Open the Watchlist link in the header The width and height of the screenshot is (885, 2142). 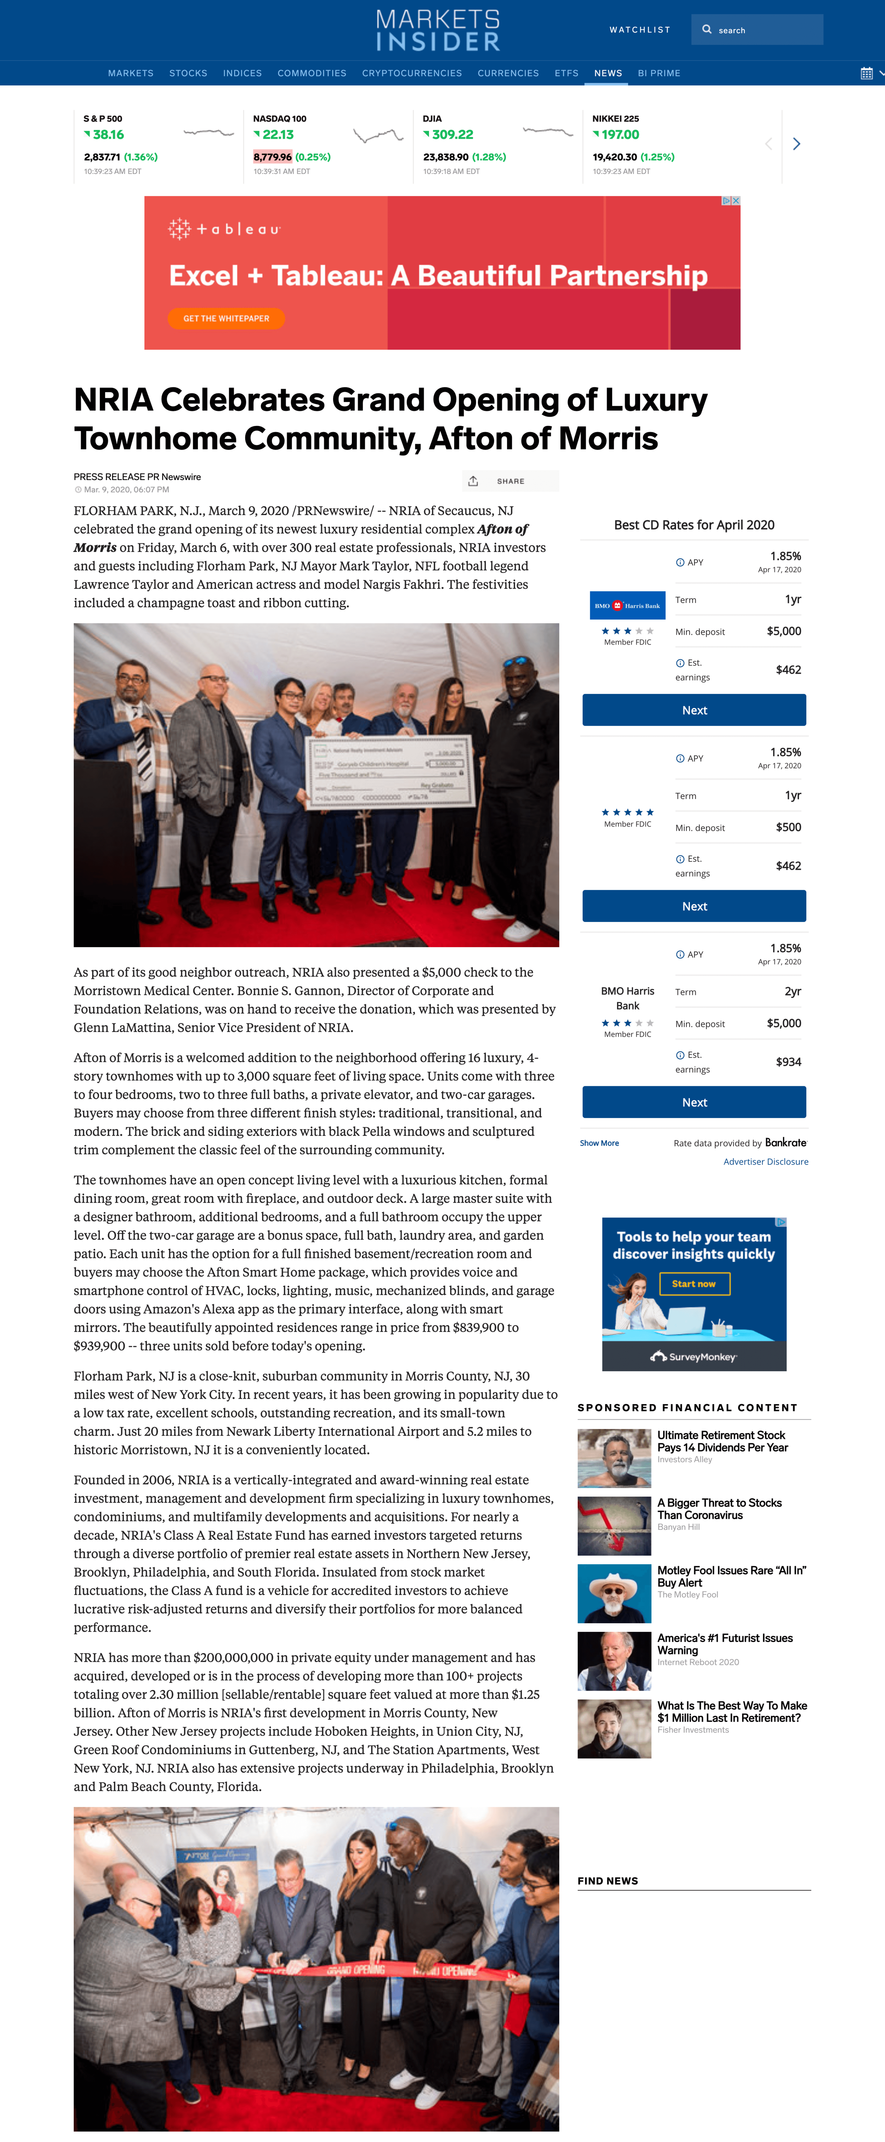coord(640,30)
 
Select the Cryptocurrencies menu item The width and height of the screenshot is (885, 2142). coord(412,73)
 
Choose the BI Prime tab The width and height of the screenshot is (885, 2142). coord(659,73)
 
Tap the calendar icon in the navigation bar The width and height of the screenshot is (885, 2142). coord(866,73)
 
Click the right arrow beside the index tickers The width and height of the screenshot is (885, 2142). coord(796,144)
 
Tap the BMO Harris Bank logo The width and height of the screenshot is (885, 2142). coord(627,605)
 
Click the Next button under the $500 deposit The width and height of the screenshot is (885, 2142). coord(694,906)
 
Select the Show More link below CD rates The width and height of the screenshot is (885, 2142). coord(599,1143)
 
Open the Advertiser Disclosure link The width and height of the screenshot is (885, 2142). coord(765,1162)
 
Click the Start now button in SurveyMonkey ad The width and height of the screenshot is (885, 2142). coord(694,1284)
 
